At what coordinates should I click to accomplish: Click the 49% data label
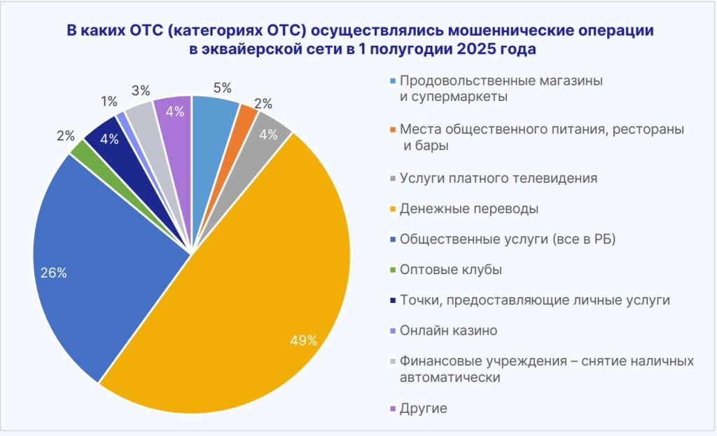[x=304, y=341]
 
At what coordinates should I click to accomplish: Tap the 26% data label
[x=53, y=273]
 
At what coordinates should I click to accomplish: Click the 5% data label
[x=223, y=88]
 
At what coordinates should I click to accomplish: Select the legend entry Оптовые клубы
[x=450, y=270]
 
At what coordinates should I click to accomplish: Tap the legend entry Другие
[x=423, y=408]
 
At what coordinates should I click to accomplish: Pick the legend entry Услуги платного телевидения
[x=498, y=178]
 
